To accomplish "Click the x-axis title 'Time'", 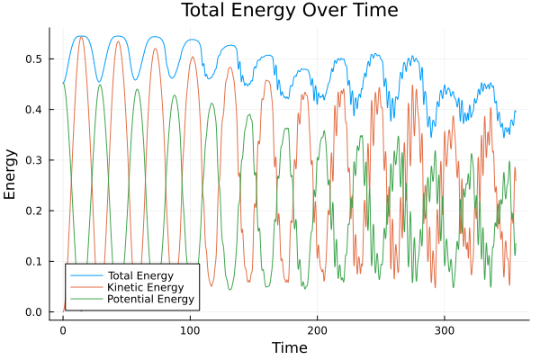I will point(289,347).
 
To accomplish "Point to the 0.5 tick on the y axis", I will point(33,58).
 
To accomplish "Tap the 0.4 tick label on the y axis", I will point(33,110).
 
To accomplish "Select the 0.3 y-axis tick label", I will point(33,160).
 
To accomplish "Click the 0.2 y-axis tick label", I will point(33,211).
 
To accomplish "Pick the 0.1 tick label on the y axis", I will point(33,262).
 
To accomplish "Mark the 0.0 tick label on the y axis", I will point(33,312).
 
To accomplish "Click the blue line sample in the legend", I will point(86,274).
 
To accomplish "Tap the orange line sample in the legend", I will point(86,286).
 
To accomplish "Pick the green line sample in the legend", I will point(86,298).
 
